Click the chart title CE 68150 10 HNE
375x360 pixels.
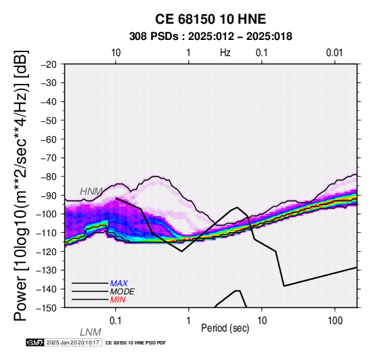(211, 19)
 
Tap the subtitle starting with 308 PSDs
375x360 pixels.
(211, 37)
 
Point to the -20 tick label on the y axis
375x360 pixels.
(49, 64)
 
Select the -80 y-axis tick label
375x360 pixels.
(49, 177)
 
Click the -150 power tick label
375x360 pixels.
(47, 308)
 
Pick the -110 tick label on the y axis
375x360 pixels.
(47, 233)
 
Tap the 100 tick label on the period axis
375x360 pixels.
(335, 321)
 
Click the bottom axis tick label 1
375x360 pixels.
(189, 321)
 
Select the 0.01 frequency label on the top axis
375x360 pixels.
(334, 53)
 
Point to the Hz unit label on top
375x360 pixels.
(225, 53)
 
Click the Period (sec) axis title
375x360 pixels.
(225, 328)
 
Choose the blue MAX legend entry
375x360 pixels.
(119, 284)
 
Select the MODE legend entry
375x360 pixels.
(123, 292)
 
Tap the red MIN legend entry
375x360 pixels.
(118, 300)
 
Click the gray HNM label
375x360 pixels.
(91, 192)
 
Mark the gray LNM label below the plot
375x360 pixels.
(91, 332)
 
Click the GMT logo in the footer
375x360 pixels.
(35, 342)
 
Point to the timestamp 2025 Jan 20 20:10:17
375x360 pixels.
(72, 342)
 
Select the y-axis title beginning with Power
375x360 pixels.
(21, 186)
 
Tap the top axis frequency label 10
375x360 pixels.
(116, 53)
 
